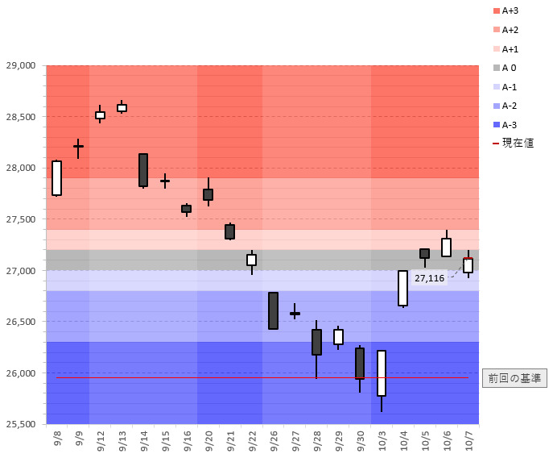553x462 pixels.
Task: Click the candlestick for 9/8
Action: (56, 178)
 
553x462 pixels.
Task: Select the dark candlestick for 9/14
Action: (143, 170)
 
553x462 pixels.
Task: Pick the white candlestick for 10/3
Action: (382, 373)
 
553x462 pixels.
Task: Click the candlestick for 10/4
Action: (402, 288)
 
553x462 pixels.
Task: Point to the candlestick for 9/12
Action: (100, 115)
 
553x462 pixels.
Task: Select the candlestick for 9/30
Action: (360, 364)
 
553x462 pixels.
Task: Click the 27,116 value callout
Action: (429, 278)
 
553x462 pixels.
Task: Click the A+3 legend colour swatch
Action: (496, 10)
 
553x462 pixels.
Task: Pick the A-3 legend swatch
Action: (496, 125)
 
